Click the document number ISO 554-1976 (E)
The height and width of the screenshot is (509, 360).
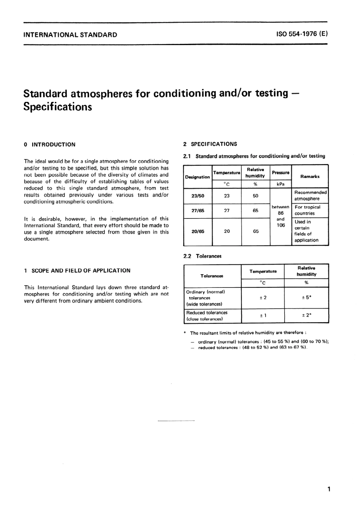[x=302, y=34]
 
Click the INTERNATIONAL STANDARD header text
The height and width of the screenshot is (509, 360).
[x=70, y=35]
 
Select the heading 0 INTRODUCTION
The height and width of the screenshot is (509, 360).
[x=50, y=144]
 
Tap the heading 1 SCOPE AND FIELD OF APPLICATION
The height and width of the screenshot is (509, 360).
[x=77, y=270]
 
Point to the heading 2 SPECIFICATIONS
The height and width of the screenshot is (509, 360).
[x=210, y=144]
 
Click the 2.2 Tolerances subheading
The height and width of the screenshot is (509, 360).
[x=202, y=256]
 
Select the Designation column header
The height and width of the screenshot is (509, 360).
[x=197, y=177]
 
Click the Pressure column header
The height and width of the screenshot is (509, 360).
[x=280, y=173]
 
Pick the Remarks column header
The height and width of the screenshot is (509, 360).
[x=310, y=176]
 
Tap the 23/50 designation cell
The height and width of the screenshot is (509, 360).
[x=198, y=196]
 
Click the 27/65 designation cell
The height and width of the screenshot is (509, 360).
[x=198, y=211]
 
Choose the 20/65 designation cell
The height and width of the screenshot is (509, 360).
[x=198, y=231]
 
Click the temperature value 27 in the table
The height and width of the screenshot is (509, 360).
[x=227, y=211]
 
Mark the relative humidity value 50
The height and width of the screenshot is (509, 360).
[x=255, y=196]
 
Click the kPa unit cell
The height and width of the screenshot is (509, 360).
[x=280, y=184]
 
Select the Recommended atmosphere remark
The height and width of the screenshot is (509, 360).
[x=310, y=195]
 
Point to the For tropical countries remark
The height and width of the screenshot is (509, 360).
[x=307, y=210]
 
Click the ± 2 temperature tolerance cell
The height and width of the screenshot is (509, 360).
[x=263, y=298]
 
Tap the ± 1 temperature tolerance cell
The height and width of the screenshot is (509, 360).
[x=263, y=315]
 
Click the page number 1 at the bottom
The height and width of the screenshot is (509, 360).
[x=329, y=489]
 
